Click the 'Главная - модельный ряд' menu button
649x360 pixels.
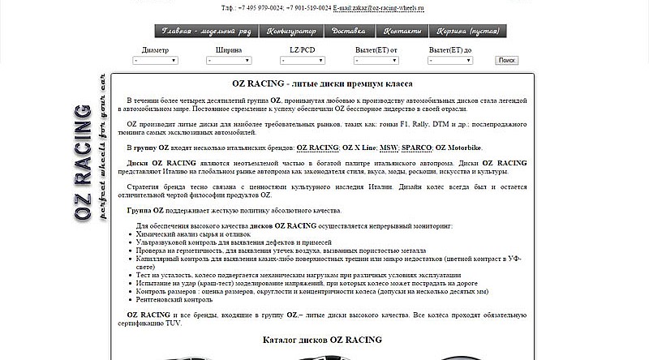tap(207, 32)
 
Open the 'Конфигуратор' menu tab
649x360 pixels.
tap(292, 32)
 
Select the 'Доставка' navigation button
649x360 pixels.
tap(348, 32)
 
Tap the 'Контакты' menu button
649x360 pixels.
tap(402, 32)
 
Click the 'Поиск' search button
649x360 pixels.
tap(507, 60)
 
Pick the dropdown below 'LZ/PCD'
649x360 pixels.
tap(301, 61)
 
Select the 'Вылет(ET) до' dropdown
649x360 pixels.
tap(450, 61)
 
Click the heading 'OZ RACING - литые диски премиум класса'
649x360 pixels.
tap(323, 84)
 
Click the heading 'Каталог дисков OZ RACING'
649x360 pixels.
tap(323, 340)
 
